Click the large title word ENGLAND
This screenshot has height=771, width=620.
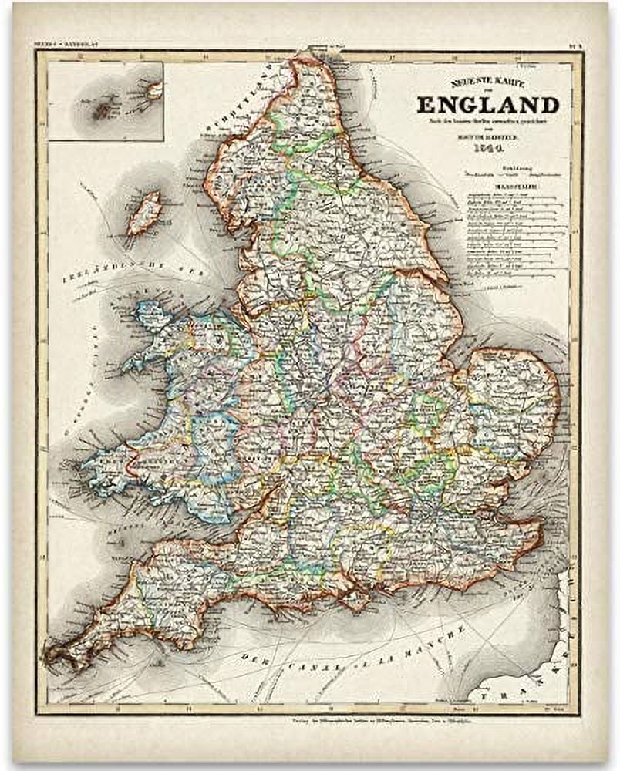click(x=487, y=105)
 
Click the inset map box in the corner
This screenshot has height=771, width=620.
click(x=106, y=101)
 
